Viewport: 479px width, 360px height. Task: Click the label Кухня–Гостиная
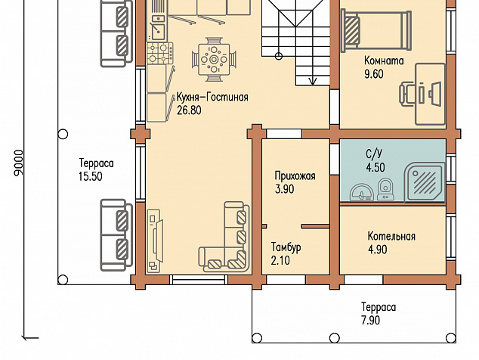point(212,98)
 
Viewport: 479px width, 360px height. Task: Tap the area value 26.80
point(189,110)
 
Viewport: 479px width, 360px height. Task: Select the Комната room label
point(384,61)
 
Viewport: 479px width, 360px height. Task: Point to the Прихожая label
point(295,176)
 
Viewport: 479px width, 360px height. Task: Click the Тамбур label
point(286,247)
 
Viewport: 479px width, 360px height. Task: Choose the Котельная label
point(391,237)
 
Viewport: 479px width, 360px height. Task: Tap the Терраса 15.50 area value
point(91,177)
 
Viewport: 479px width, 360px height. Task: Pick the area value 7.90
point(370,321)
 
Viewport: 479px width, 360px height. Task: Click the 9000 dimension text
point(19,163)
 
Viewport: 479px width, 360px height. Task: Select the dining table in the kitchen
point(214,59)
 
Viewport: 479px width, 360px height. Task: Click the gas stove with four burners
point(160,53)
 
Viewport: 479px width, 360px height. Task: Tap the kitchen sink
point(158,32)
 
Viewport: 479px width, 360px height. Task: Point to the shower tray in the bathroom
point(425,183)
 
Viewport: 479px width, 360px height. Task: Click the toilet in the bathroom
point(385,189)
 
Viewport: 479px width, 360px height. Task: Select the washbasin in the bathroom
point(361,192)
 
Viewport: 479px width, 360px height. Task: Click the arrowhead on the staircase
point(313,81)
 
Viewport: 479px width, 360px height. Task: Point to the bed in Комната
point(376,29)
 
